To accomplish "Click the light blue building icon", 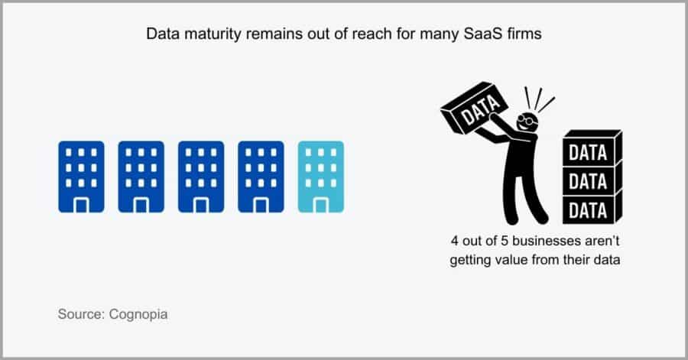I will point(320,176).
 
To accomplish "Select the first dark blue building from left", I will point(81,176).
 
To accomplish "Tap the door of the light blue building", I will point(320,204).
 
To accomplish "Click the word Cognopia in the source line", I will point(143,314).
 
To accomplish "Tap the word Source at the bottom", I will point(79,314).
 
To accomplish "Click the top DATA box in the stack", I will point(591,151).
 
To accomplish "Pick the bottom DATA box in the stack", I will point(591,208).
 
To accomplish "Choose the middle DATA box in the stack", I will point(591,180).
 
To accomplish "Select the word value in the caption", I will point(507,260).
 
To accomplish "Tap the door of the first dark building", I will point(81,204).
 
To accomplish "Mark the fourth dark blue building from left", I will point(261,176).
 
